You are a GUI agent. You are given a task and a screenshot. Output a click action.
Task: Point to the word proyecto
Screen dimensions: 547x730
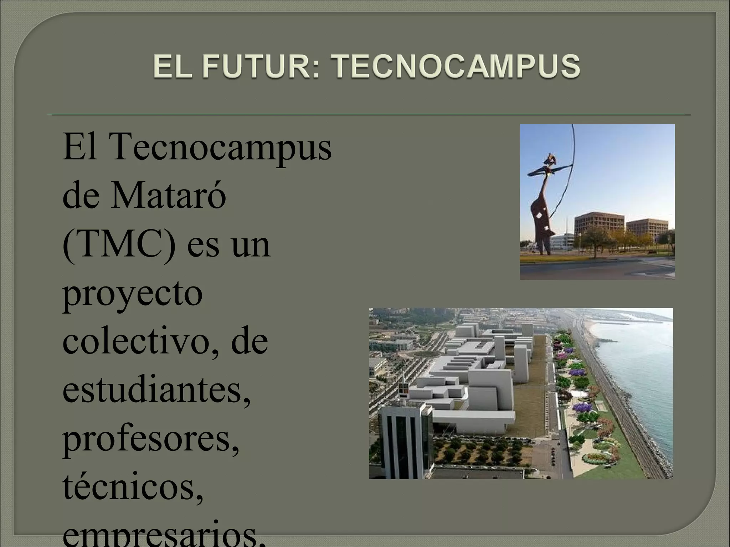tap(133, 294)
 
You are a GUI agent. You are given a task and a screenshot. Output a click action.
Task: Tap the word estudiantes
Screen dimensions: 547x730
tap(157, 391)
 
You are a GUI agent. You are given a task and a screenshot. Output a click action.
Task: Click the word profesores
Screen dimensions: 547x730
tap(151, 439)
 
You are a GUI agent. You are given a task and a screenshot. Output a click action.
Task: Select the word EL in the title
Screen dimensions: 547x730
tap(171, 66)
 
